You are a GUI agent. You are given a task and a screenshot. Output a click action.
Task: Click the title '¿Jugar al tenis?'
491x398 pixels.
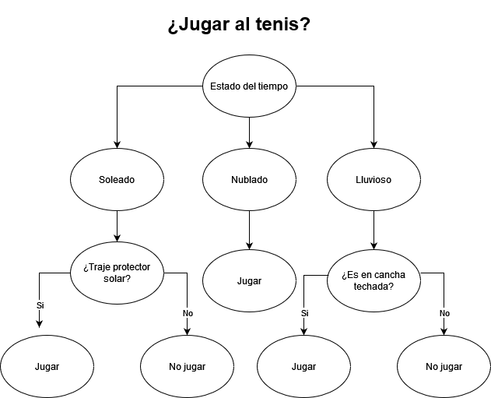tap(239, 25)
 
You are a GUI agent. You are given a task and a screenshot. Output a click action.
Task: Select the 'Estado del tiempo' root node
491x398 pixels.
tap(249, 86)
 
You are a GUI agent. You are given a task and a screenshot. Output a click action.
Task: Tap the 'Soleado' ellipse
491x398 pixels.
tap(117, 179)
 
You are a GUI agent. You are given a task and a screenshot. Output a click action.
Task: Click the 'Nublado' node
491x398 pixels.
tap(249, 179)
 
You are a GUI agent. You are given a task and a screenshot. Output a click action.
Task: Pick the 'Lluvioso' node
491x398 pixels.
tap(374, 179)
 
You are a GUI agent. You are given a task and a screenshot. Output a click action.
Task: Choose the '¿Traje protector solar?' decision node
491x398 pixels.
tap(117, 273)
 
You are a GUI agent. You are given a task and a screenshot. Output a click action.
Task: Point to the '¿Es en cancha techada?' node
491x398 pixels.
tap(374, 280)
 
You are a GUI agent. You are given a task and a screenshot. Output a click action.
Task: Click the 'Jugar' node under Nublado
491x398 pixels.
tap(249, 280)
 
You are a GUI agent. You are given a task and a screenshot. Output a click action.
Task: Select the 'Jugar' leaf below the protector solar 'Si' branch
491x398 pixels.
tap(47, 366)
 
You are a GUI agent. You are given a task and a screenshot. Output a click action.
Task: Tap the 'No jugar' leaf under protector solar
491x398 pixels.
tap(187, 366)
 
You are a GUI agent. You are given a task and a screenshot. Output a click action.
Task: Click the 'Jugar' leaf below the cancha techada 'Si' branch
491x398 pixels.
tap(303, 366)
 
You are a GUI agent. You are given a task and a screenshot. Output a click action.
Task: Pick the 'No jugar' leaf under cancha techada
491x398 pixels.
tap(444, 366)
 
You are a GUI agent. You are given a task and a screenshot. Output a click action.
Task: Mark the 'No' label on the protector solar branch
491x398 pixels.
tap(188, 313)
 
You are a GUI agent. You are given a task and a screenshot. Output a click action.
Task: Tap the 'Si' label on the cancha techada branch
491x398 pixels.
tap(304, 313)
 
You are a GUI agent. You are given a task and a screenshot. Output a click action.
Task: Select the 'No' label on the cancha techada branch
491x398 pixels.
tap(444, 313)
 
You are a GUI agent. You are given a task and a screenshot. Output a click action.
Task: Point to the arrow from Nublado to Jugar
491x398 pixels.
tap(249, 230)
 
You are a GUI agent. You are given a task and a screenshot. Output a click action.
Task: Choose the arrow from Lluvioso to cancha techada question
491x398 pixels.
tap(374, 230)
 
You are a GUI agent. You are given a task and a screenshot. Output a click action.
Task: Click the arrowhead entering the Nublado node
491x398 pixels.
tap(249, 143)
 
